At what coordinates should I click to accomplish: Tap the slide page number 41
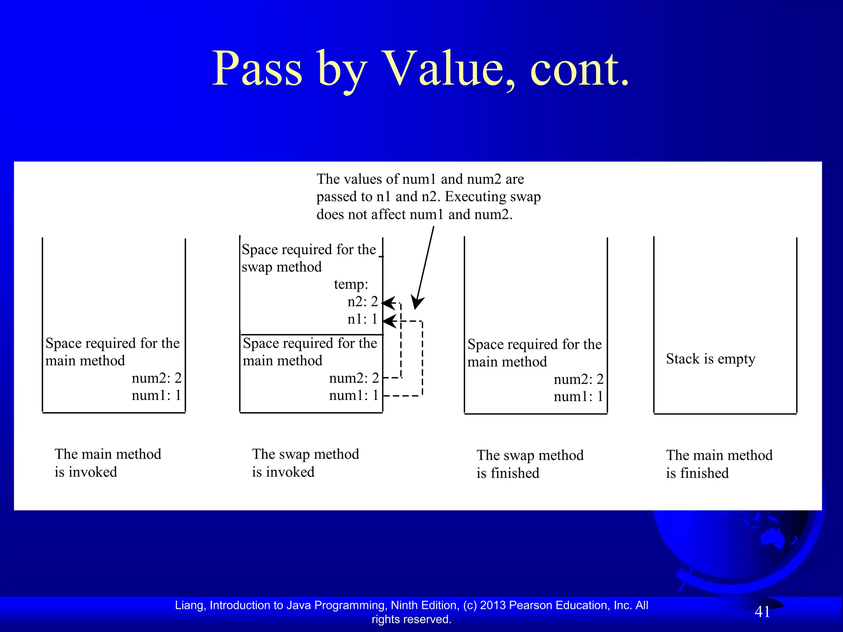point(762,612)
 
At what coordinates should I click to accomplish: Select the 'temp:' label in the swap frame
point(351,284)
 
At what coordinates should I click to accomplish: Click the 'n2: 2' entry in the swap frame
point(362,302)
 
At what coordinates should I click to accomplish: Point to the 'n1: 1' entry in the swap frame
point(362,319)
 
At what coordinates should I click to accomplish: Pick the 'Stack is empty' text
point(710,359)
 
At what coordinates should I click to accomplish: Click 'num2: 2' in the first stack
point(156,378)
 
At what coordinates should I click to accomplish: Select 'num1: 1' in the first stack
point(156,395)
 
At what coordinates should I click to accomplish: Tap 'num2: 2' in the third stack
point(578,379)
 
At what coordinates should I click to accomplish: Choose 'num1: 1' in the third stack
point(578,397)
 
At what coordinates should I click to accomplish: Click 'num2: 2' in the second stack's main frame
point(354,378)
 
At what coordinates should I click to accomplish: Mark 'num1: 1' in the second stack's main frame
point(354,395)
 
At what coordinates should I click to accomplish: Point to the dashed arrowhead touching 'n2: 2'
point(388,303)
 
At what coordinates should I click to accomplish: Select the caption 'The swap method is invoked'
point(305,463)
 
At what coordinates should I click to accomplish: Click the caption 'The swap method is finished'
point(530,464)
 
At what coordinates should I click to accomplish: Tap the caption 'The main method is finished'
point(719,464)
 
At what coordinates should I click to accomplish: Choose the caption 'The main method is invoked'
point(108,463)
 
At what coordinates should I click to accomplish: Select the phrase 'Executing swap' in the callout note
point(493,197)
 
